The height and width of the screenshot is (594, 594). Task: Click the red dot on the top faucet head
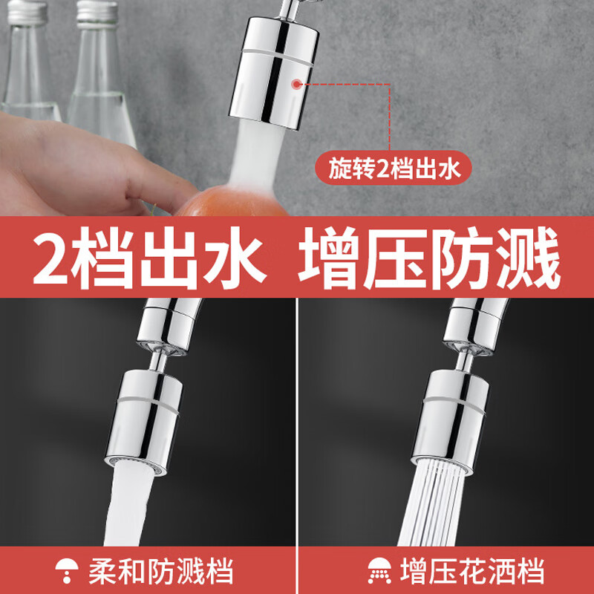point(296,85)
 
